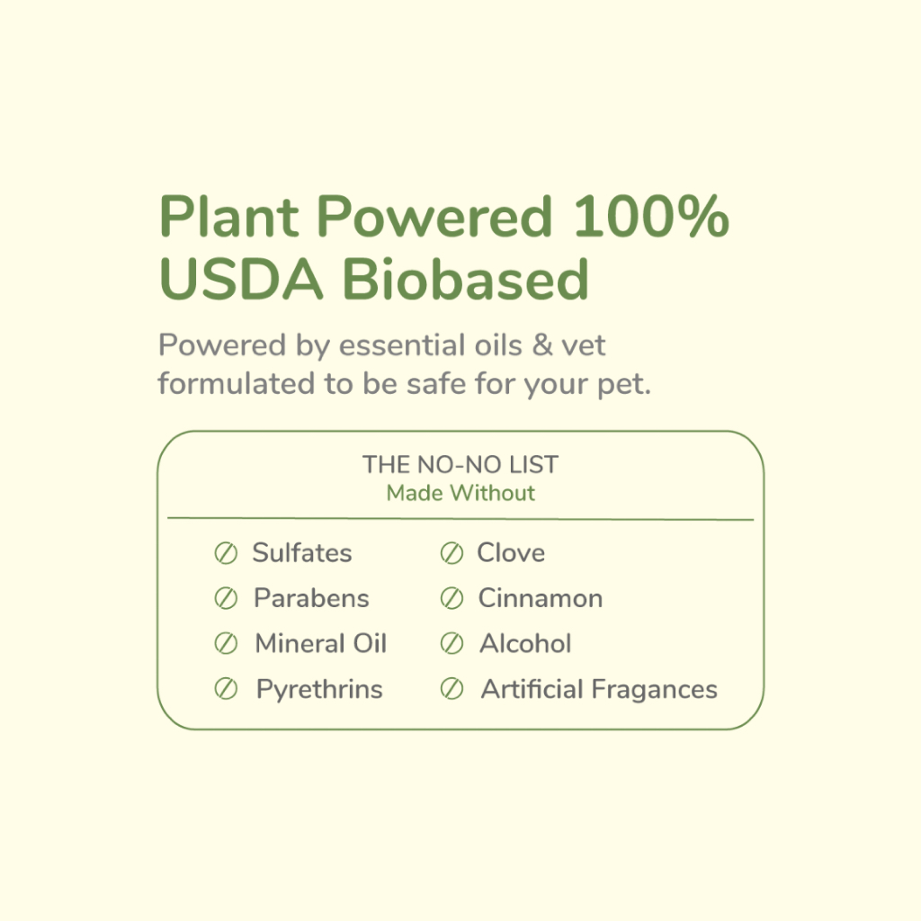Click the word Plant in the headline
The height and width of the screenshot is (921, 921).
click(x=228, y=216)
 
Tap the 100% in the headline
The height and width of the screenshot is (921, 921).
click(x=651, y=216)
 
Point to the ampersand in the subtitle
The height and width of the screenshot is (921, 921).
click(x=541, y=344)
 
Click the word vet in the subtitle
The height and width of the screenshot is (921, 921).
click(x=583, y=345)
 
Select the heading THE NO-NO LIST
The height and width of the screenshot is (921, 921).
click(x=460, y=465)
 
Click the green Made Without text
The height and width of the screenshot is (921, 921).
click(x=460, y=493)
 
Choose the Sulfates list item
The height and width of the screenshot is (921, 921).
click(x=302, y=553)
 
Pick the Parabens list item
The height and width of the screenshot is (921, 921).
click(x=311, y=598)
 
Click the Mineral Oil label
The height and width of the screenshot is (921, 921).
click(x=321, y=643)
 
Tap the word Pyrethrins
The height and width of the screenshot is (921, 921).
click(x=319, y=690)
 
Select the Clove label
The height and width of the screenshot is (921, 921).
click(x=511, y=553)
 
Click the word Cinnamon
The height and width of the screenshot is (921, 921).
click(x=541, y=598)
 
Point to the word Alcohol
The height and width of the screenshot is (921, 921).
click(x=525, y=643)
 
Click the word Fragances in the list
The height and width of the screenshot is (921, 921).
click(x=654, y=690)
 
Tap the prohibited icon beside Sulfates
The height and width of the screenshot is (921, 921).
click(x=226, y=553)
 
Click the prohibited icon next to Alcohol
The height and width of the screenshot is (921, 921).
click(x=452, y=644)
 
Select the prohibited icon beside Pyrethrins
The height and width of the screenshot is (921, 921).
click(x=226, y=689)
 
